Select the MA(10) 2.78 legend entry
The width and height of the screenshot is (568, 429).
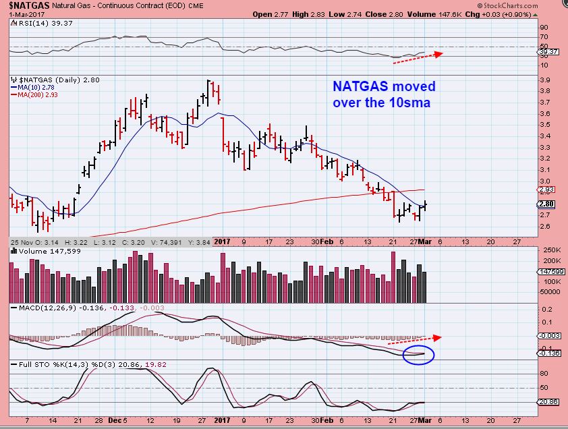tap(34, 88)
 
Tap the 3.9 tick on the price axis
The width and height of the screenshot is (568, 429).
tap(544, 80)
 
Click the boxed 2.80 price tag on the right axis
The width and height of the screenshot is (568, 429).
tap(546, 204)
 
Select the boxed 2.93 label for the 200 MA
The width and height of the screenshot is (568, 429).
tap(546, 190)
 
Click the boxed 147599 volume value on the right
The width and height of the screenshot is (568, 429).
tap(548, 271)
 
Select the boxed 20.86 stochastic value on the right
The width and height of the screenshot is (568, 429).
tap(546, 402)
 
